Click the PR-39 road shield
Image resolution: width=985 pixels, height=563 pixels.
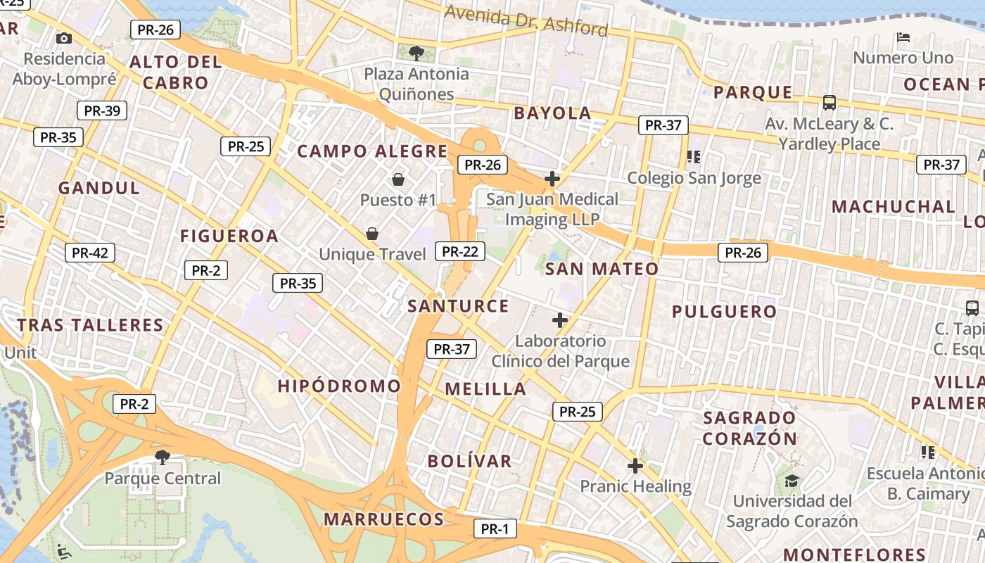coord(102,110)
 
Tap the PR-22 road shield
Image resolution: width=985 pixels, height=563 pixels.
coord(460,251)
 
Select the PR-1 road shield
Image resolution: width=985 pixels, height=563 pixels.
coord(495,529)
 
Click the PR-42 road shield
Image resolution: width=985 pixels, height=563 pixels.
coord(90,253)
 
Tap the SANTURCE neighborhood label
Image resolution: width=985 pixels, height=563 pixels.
coord(458,306)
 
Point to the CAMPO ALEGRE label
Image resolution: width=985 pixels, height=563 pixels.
coord(372,151)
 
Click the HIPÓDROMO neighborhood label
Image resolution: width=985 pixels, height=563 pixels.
coord(339,386)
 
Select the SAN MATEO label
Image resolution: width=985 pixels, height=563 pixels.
coord(602,269)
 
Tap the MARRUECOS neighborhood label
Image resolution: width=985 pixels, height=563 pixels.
coord(383,520)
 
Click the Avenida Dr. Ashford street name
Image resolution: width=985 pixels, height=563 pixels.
coord(526,20)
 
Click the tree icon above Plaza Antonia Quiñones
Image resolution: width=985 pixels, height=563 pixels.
coord(416,53)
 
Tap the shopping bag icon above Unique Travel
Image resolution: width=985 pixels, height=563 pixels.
coord(372,233)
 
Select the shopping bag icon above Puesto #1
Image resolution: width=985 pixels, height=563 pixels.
coord(398,179)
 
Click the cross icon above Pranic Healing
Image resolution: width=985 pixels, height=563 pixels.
coord(635,466)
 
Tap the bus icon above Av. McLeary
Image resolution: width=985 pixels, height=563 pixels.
coord(830,103)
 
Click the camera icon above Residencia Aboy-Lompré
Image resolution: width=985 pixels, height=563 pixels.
coord(64,38)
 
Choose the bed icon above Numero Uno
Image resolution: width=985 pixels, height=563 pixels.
coord(904,37)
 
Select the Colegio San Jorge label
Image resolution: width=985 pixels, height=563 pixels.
coord(694,178)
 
